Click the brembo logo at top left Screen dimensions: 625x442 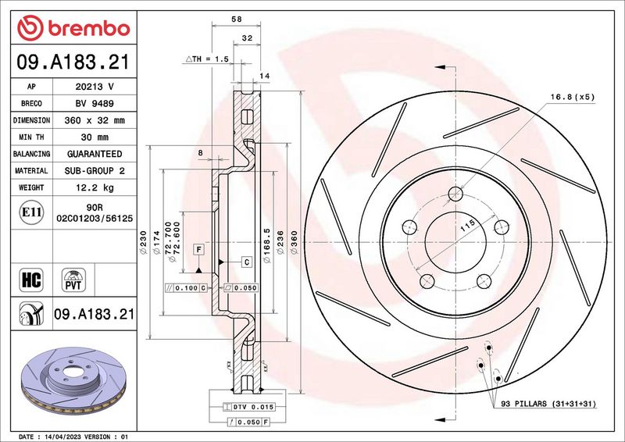[73, 28]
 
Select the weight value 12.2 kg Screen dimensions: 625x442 [95, 187]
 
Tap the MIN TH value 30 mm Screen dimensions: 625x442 [95, 137]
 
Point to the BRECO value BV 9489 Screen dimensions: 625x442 [95, 104]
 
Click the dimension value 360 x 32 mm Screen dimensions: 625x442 [95, 120]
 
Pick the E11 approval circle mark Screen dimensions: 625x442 [31, 212]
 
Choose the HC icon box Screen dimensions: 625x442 [31, 280]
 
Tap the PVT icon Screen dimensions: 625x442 [73, 280]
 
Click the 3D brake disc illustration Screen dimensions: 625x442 [73, 380]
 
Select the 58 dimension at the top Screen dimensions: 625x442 [237, 19]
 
